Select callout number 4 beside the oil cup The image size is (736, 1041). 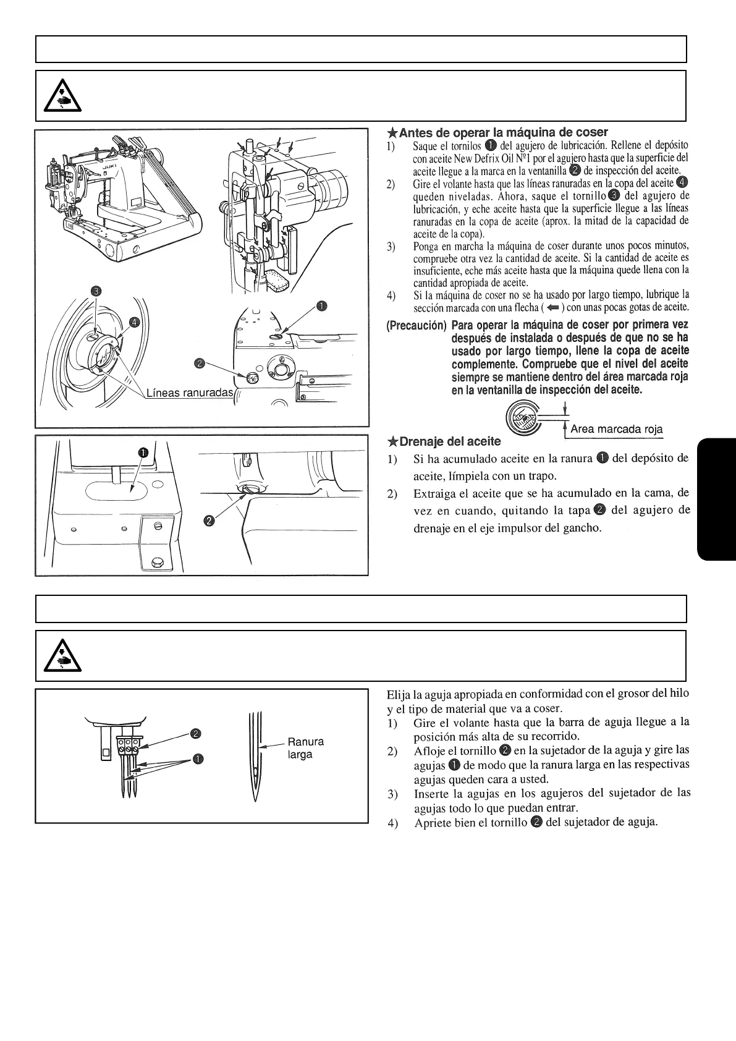(x=135, y=321)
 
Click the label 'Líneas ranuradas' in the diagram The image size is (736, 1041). (x=189, y=394)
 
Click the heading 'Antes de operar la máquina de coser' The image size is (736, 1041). (x=497, y=132)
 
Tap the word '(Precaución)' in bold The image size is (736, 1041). (x=416, y=325)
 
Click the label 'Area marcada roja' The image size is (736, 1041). (x=616, y=429)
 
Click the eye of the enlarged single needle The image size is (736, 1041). (x=255, y=772)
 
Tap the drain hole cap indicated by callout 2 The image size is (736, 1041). (x=247, y=490)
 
